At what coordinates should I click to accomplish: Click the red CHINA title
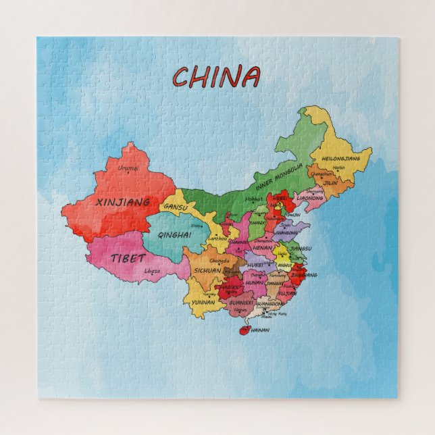(x=215, y=76)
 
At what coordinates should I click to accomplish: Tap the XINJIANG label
(x=123, y=201)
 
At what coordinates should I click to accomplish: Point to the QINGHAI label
(x=174, y=234)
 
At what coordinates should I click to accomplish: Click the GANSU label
(x=176, y=207)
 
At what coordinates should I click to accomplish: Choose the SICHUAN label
(x=207, y=270)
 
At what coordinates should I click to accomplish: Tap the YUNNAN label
(x=203, y=302)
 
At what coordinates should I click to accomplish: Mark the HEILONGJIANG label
(x=341, y=158)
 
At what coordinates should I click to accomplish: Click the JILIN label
(x=330, y=182)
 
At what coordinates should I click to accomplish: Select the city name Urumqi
(x=128, y=168)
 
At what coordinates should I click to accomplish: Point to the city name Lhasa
(x=153, y=272)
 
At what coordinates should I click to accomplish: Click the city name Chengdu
(x=219, y=260)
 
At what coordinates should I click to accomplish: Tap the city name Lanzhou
(x=217, y=238)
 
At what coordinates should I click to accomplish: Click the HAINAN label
(x=259, y=330)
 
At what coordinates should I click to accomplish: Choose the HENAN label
(x=261, y=248)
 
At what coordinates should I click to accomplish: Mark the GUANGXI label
(x=240, y=303)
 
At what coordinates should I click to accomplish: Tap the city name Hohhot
(x=254, y=199)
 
